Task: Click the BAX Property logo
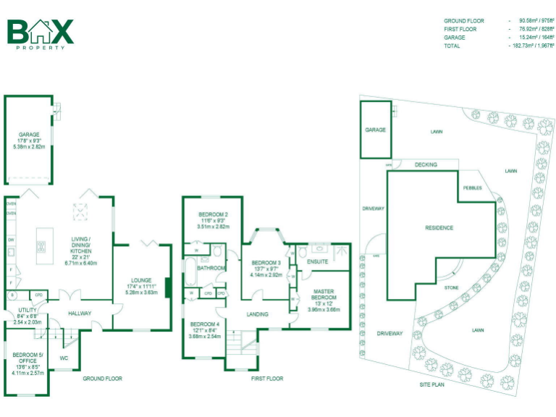41,33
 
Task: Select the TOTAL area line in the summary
499,46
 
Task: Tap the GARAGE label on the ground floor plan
29,135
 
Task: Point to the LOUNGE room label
142,279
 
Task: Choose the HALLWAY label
80,313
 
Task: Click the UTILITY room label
17,311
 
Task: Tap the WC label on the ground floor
64,358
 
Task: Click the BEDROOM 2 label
214,215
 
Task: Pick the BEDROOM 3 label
266,263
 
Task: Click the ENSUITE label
318,261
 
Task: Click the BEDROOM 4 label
203,324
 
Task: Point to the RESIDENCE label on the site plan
439,228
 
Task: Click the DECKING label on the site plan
426,165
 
